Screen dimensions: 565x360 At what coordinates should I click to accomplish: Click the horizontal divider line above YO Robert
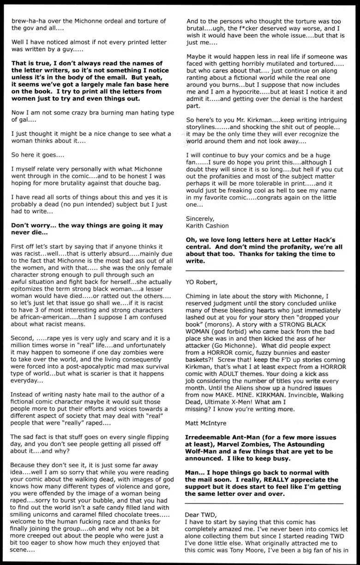pos(264,270)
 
